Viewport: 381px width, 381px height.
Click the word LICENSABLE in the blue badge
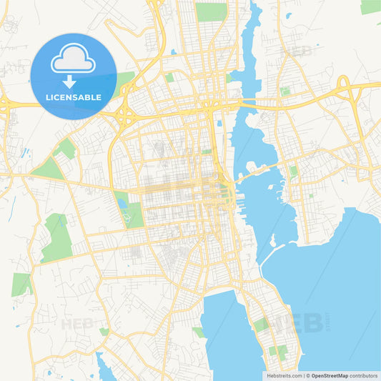pos(73,97)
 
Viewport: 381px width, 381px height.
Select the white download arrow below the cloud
pos(69,81)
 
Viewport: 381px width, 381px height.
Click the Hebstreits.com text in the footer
pos(284,375)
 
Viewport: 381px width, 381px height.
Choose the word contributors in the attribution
pos(363,375)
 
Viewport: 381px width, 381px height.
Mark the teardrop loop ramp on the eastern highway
pos(343,87)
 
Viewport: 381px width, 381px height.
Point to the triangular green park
pos(49,169)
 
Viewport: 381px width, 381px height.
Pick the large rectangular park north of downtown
pos(211,11)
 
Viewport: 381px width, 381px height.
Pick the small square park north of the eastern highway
pos(285,91)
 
